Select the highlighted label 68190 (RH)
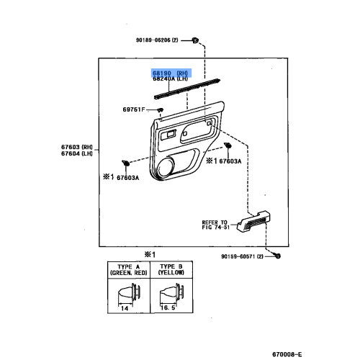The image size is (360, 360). pos(169,73)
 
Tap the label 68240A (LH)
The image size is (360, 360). pos(170,79)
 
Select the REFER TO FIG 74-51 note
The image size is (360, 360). pos(215,225)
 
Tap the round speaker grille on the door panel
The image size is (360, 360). pos(162,169)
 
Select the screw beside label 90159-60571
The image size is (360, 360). pos(278,256)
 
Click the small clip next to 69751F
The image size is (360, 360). pos(159,109)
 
